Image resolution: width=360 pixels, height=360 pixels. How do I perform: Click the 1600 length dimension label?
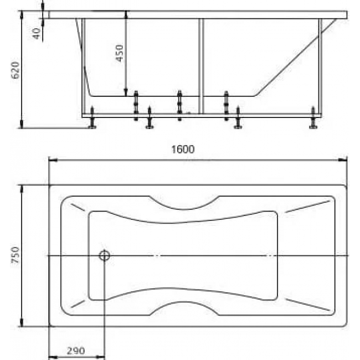183,150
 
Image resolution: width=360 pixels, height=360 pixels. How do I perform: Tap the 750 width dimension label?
16,255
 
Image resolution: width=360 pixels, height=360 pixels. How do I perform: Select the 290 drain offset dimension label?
76,351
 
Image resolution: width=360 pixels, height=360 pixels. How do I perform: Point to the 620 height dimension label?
16,70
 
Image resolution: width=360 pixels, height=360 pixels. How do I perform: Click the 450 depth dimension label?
119,53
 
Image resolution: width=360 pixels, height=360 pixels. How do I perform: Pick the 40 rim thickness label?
36,34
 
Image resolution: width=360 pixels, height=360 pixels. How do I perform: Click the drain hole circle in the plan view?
104,255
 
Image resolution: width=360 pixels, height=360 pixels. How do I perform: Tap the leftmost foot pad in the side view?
92,126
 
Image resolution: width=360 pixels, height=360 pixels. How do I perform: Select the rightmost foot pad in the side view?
313,126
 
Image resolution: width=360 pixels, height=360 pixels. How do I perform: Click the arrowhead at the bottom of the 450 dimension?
126,92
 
